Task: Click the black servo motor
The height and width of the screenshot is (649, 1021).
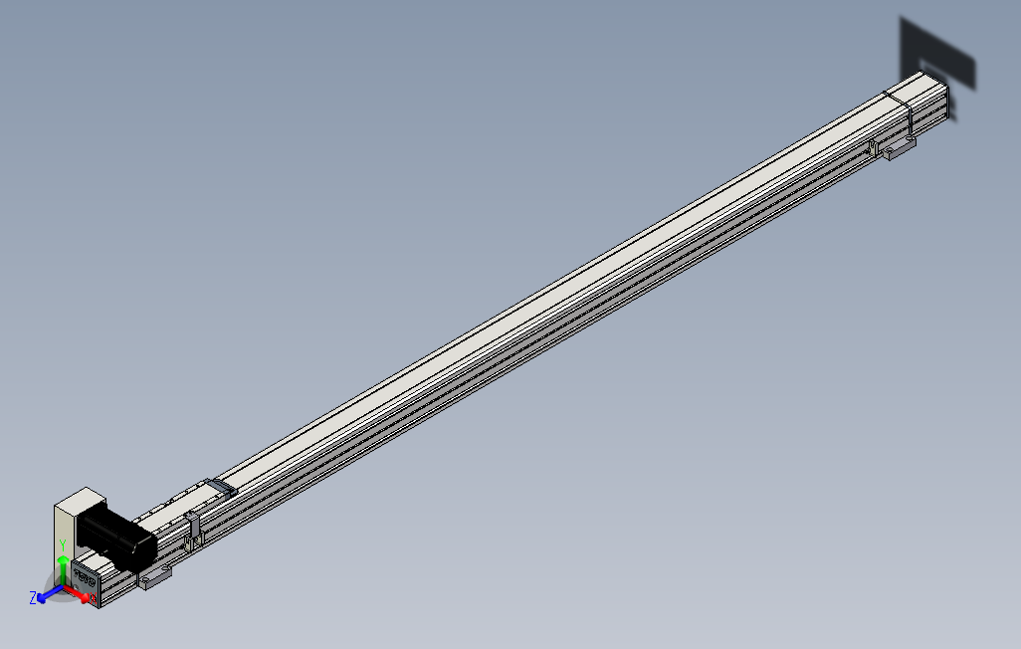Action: pyautogui.click(x=116, y=538)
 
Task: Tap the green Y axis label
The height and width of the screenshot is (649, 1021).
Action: pyautogui.click(x=62, y=544)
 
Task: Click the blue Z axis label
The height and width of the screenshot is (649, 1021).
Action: pyautogui.click(x=33, y=597)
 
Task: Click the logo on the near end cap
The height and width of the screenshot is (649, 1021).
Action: pyautogui.click(x=84, y=576)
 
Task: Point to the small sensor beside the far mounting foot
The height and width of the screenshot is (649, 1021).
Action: pyautogui.click(x=874, y=148)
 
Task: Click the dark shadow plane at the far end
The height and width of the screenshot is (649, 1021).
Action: pyautogui.click(x=940, y=55)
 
